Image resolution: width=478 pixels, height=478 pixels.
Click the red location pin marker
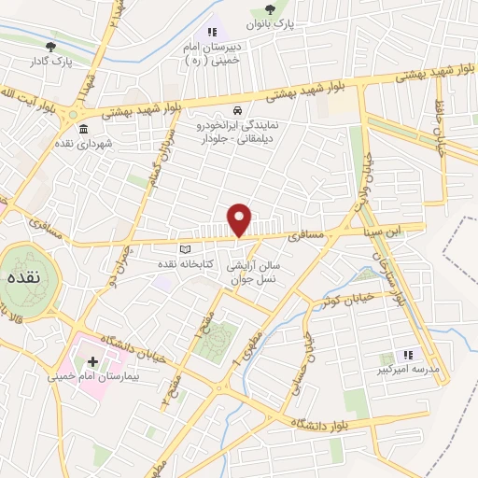(240, 219)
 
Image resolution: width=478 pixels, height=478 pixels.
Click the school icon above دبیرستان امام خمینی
(212, 34)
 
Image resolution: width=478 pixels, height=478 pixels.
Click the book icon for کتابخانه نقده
(184, 249)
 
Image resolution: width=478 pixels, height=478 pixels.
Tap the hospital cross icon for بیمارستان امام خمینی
(92, 360)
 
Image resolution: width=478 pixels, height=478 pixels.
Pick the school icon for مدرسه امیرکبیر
(407, 356)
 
